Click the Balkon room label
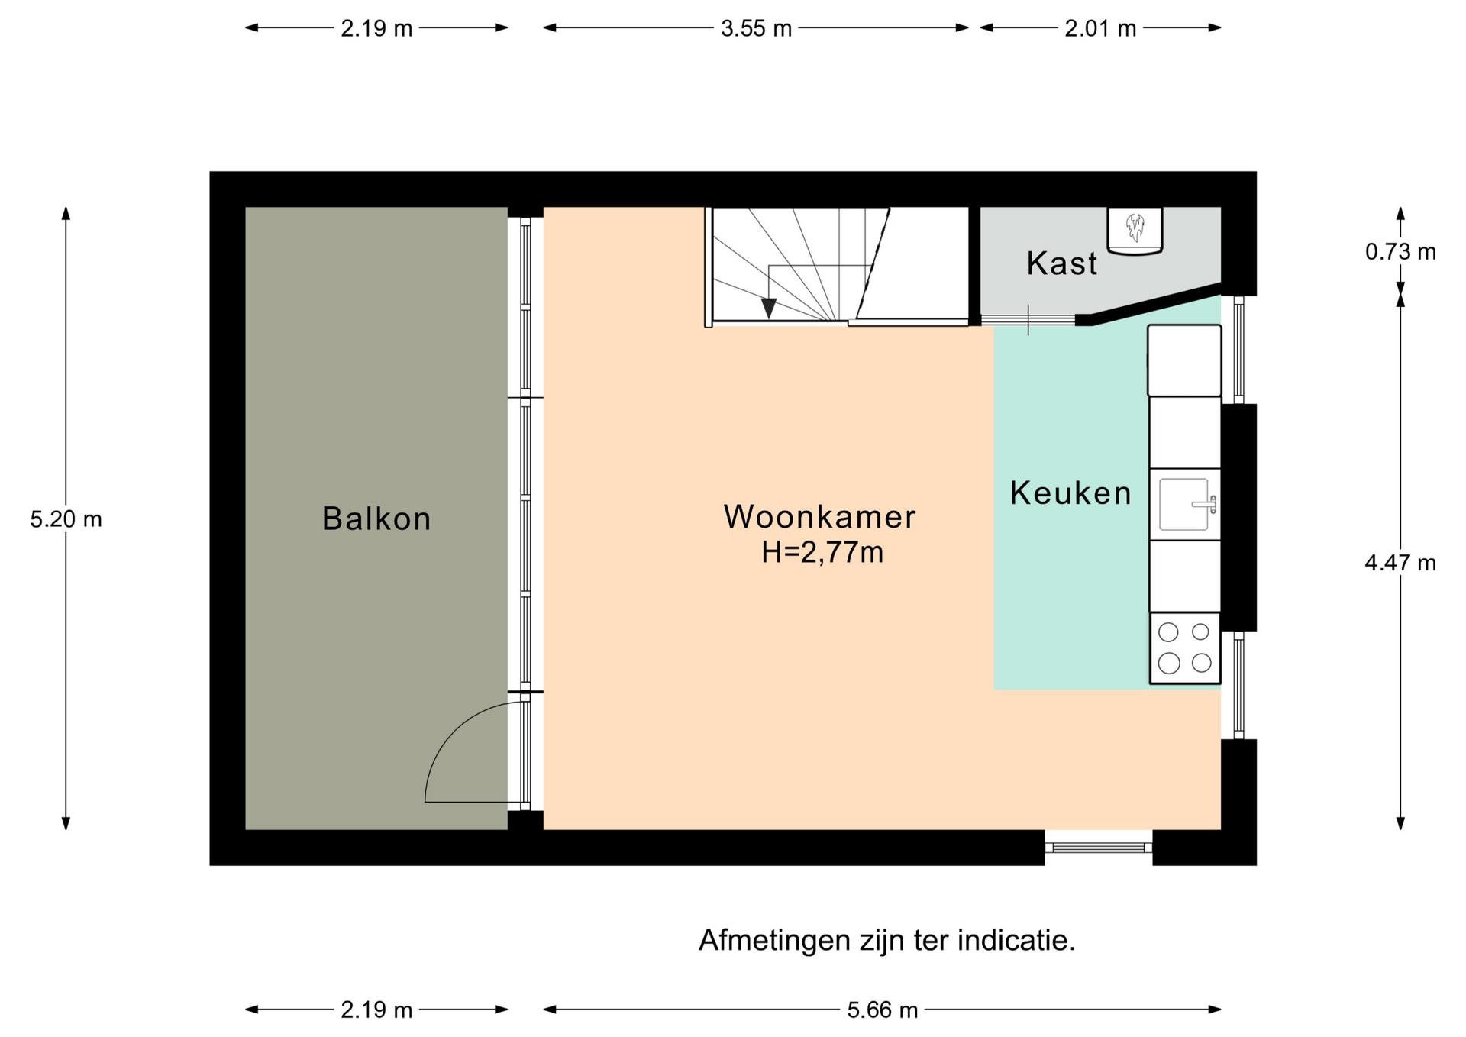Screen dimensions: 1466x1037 click(x=376, y=519)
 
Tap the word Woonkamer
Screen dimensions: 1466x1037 click(x=819, y=517)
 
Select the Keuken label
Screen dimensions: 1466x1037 click(x=1070, y=493)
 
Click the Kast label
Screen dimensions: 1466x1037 click(x=1061, y=263)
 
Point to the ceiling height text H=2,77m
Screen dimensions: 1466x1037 click(x=822, y=551)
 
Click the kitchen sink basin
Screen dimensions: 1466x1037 click(x=1183, y=504)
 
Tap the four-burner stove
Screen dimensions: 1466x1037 click(x=1184, y=648)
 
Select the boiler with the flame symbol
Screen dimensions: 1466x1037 click(x=1135, y=230)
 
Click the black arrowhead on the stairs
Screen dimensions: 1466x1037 click(x=769, y=308)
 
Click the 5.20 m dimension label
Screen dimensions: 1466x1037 click(x=66, y=519)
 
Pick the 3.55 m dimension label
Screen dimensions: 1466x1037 click(x=756, y=28)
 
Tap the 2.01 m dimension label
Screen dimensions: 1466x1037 click(x=1100, y=28)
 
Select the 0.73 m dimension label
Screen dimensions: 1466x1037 click(x=1400, y=251)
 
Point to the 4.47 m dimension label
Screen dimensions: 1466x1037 click(x=1400, y=563)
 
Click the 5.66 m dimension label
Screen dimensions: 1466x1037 click(x=882, y=1010)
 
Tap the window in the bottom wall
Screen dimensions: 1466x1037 click(x=1098, y=847)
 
